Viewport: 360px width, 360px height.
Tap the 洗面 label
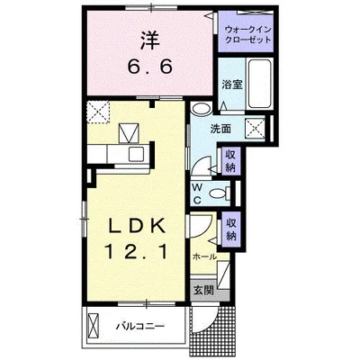coord(220,129)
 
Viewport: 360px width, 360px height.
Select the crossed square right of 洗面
coord(256,129)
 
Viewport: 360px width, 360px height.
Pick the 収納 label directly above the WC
coord(232,159)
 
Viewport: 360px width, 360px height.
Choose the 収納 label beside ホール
coord(232,229)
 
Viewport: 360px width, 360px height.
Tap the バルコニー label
coord(138,325)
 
